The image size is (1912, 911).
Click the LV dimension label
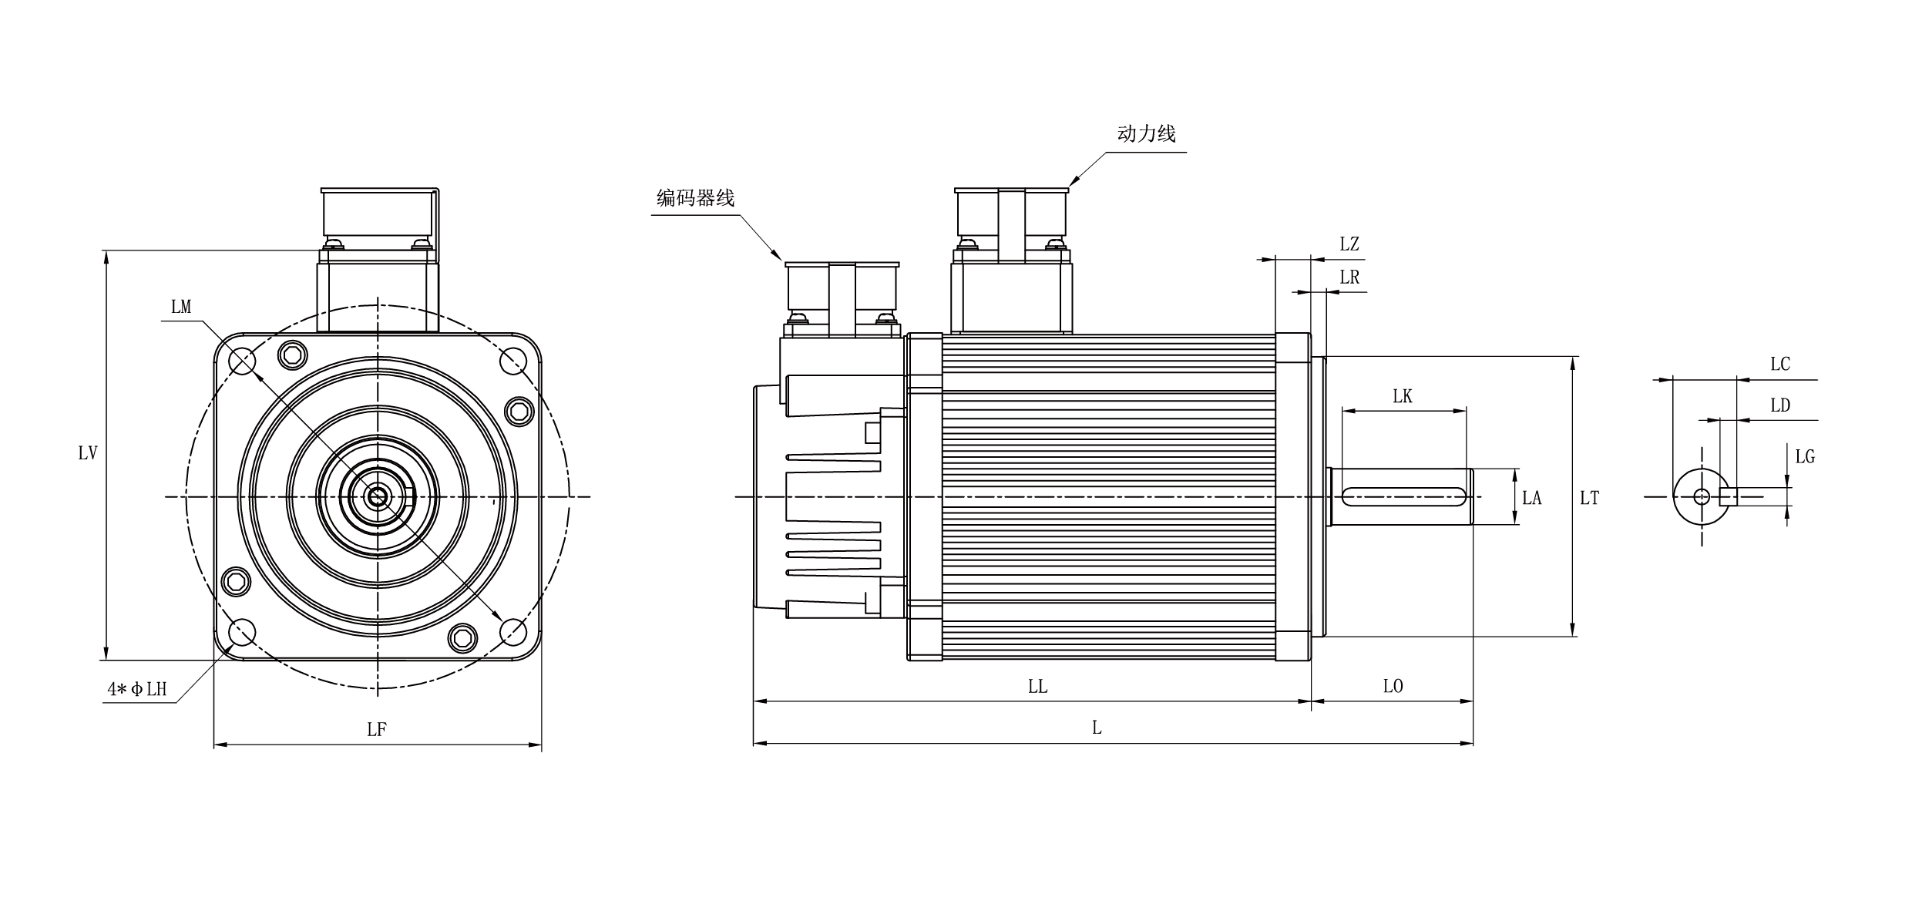pos(88,453)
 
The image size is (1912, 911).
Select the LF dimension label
pos(376,729)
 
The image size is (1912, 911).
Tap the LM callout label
pos(181,307)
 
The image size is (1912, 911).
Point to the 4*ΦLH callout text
pos(137,689)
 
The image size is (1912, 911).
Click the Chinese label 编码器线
pos(695,198)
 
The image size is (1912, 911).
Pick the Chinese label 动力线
pos(1146,133)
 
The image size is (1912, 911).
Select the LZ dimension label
pos(1349,244)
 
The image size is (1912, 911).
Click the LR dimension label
pos(1349,277)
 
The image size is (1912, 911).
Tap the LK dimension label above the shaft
pos(1403,396)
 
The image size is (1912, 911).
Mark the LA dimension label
pos(1532,498)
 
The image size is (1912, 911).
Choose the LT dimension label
pos(1589,498)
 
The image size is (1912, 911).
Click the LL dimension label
pos(1037,686)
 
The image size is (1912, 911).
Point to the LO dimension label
pos(1393,686)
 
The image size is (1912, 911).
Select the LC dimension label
pos(1779,364)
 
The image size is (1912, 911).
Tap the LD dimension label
pos(1779,405)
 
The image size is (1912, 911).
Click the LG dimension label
pos(1805,456)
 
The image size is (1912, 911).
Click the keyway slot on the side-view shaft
pos(1403,497)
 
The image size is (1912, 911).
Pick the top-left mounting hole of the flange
pos(243,361)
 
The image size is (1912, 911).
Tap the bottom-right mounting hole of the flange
pos(513,633)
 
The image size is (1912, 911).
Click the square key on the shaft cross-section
pos(1729,497)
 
